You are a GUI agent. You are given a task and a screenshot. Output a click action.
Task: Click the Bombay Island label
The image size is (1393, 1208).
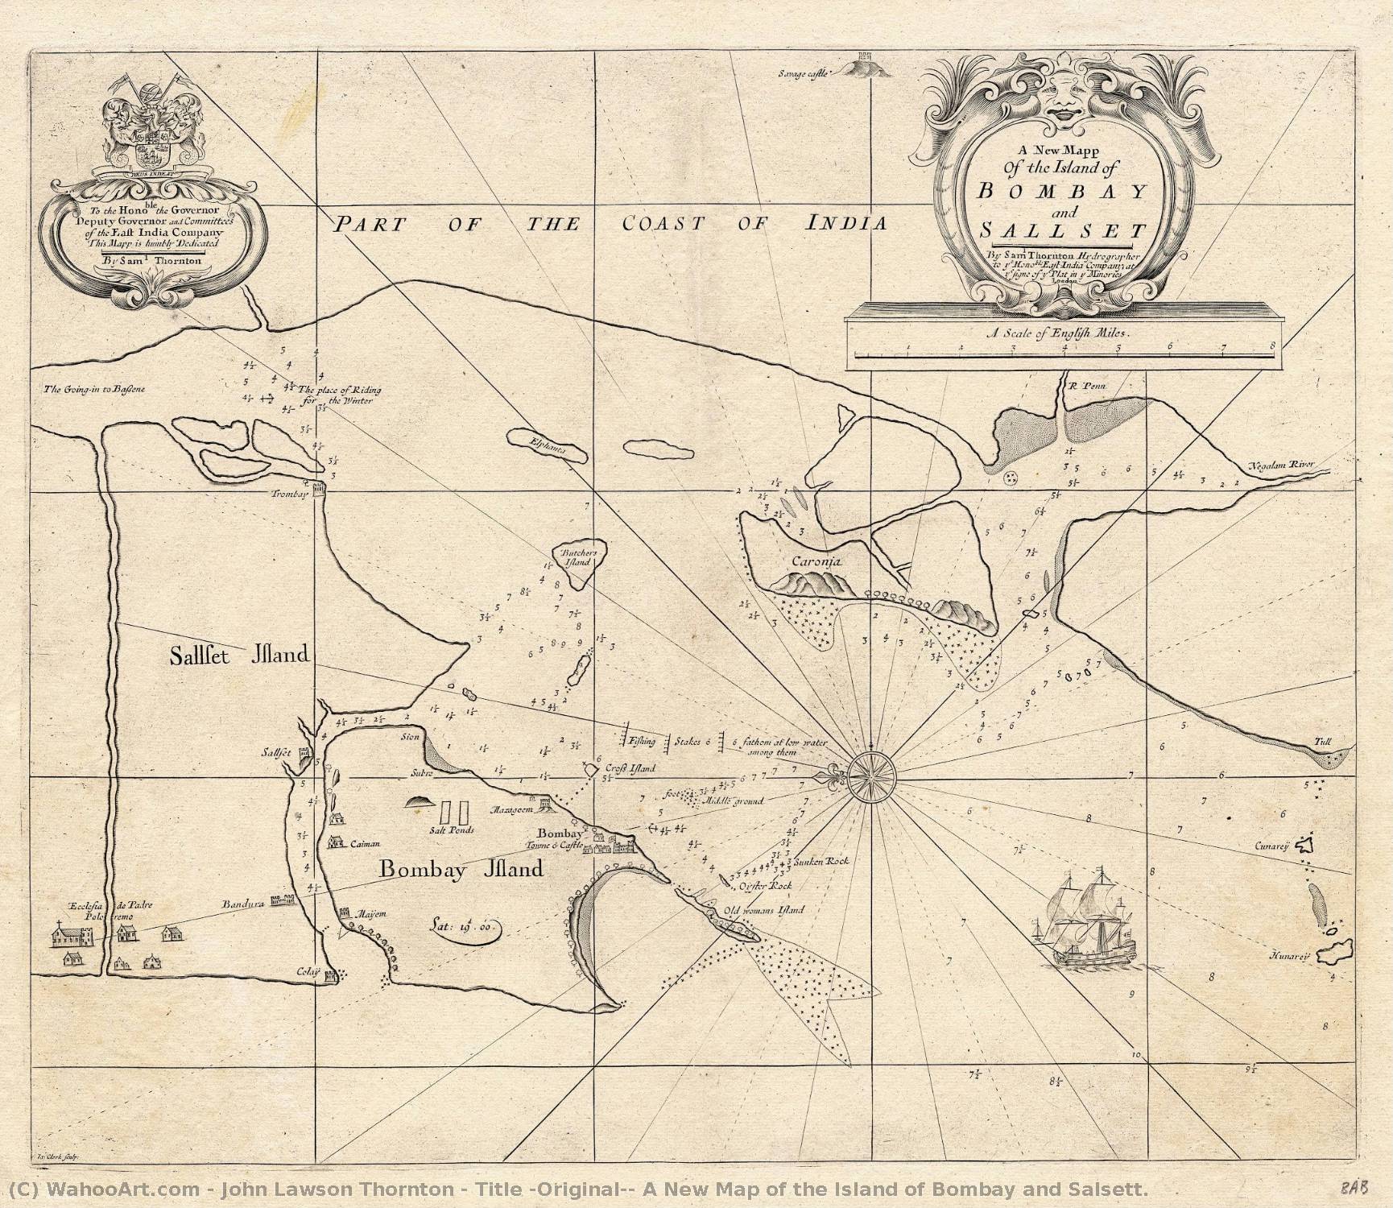[461, 870]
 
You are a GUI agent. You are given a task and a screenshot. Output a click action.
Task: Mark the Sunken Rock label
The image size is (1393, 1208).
[822, 861]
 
